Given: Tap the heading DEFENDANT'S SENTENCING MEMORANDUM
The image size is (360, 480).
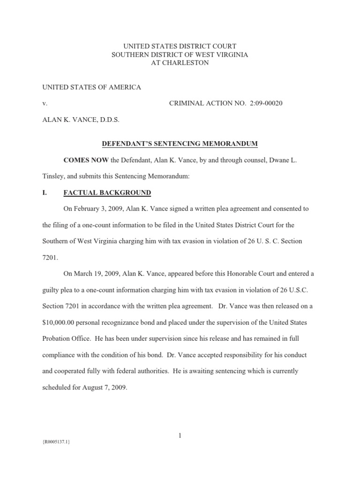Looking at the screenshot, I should [x=180, y=143].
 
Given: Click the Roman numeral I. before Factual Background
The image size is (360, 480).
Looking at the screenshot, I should [x=45, y=192].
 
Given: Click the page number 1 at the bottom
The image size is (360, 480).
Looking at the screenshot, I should [x=180, y=436].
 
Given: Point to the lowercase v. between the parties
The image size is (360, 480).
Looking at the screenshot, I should [x=45, y=103].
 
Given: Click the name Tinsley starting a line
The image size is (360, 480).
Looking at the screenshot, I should [x=54, y=176].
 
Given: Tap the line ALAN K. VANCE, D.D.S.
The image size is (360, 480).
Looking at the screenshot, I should [x=81, y=120].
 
